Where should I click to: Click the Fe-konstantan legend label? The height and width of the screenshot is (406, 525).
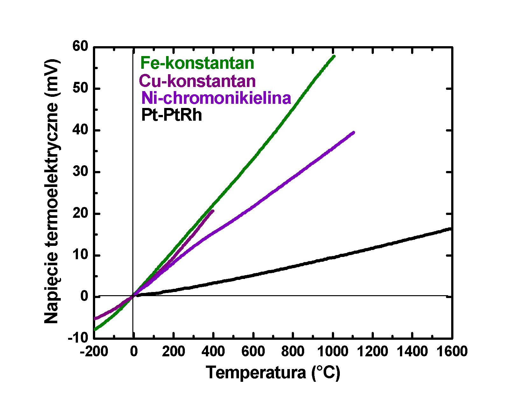point(197,63)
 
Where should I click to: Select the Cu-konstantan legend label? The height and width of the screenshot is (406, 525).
point(197,81)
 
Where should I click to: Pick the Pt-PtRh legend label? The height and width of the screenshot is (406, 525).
point(171,115)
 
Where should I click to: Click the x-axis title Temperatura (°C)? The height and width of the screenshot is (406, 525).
point(273,372)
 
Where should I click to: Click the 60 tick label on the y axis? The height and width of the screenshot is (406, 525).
point(80,46)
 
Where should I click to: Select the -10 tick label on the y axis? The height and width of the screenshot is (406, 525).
point(78,337)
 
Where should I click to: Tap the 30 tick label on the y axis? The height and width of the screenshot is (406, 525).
point(80,172)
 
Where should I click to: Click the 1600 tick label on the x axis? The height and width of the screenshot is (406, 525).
point(451,352)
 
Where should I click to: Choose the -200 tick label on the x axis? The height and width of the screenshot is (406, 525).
point(94,352)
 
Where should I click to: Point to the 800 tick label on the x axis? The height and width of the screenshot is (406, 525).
point(293,352)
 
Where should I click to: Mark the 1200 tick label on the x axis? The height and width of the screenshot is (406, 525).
point(373,352)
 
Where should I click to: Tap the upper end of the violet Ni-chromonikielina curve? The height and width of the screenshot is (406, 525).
point(353,132)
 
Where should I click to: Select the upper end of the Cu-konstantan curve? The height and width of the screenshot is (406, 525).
point(213,210)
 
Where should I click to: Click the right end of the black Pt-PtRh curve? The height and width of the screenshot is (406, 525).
point(450,229)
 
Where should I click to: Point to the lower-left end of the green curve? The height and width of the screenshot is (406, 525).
point(95,329)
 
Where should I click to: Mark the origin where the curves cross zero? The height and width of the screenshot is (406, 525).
point(133,296)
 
